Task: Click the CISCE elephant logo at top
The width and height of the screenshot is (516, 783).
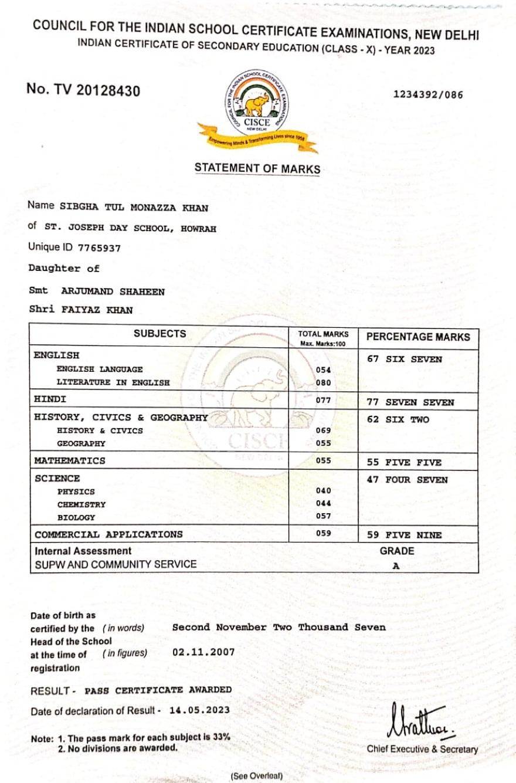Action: (x=257, y=106)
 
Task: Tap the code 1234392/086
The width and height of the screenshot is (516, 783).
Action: (x=427, y=94)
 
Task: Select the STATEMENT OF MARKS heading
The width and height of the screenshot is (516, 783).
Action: (x=257, y=168)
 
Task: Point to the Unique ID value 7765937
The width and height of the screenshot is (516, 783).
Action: (x=99, y=248)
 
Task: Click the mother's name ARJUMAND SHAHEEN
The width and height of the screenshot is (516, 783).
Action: (x=113, y=291)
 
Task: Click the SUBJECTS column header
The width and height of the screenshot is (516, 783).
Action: (x=159, y=334)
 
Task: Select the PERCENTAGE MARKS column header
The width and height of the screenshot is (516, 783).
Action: (x=418, y=337)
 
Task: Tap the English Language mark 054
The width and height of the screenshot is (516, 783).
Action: (x=323, y=370)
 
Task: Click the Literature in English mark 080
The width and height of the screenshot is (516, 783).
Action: (x=323, y=382)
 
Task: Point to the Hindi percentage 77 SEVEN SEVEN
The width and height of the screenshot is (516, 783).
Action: (x=410, y=402)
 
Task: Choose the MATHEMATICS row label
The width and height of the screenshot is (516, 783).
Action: (x=70, y=461)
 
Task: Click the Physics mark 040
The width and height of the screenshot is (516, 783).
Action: (x=323, y=490)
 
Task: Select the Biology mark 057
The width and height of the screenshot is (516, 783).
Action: (x=323, y=516)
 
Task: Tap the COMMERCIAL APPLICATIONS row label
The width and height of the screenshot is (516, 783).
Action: (x=108, y=534)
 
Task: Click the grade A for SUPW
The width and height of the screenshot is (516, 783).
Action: (x=396, y=567)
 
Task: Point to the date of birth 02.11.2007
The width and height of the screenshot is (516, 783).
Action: (x=203, y=652)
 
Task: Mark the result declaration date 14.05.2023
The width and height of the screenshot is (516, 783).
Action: (x=199, y=710)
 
